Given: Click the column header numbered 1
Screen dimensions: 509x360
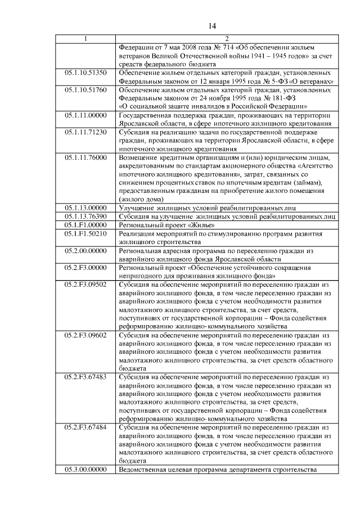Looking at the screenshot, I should coord(85,39).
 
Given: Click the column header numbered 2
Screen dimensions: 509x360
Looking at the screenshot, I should coord(226,39).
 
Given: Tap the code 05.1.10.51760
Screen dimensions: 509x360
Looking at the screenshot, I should coord(85,90).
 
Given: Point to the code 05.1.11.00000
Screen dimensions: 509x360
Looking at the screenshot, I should coord(85,115).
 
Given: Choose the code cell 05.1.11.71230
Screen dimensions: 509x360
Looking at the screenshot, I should coord(85,132).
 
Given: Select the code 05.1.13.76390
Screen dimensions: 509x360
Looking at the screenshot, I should coord(85,216).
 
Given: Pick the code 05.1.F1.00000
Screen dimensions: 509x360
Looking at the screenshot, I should coord(85,224).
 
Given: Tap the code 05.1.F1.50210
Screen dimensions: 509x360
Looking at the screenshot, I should coord(85,233).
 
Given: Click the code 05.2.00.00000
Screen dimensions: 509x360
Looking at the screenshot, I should coord(85,250).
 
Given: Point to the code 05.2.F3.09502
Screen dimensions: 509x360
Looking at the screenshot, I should coord(85,285).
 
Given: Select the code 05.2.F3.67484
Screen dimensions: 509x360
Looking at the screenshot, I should coord(85,429).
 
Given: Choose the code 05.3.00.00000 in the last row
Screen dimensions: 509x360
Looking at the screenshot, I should coord(85,470).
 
